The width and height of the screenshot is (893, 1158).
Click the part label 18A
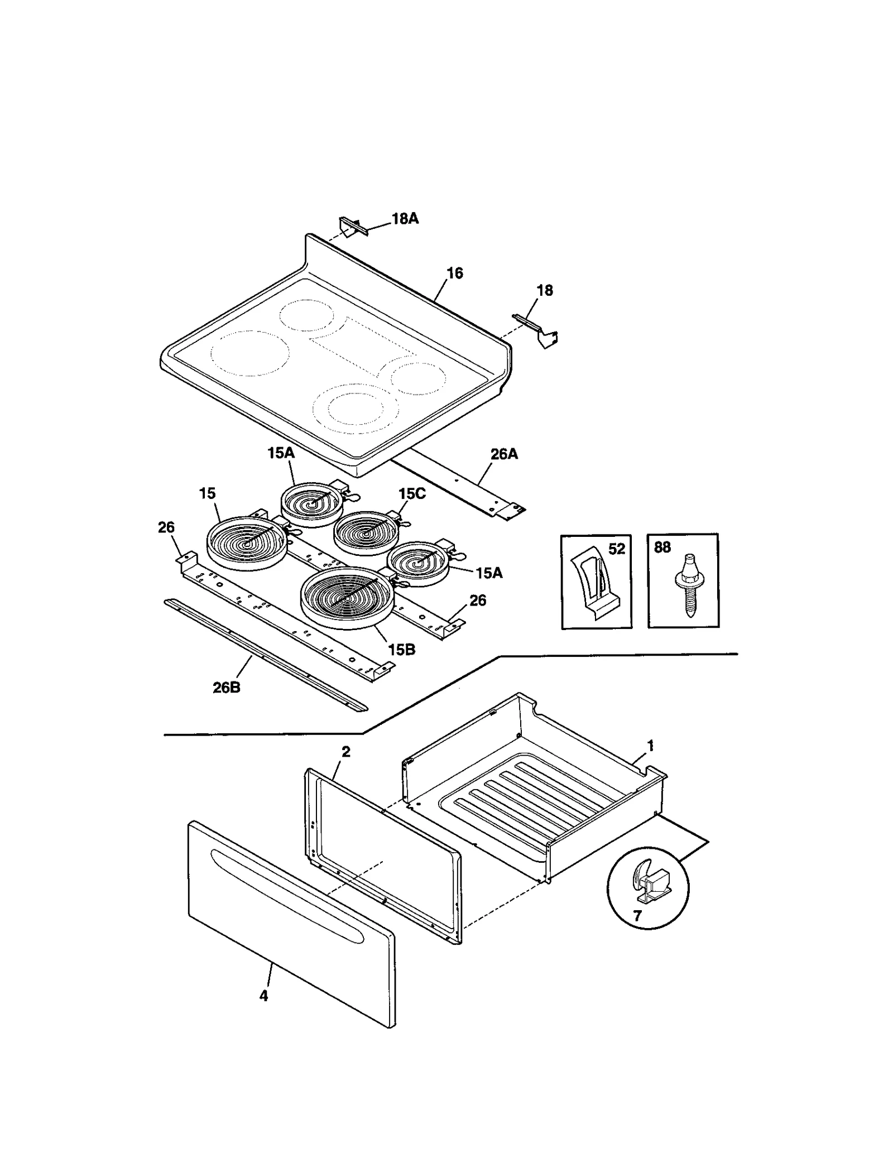(405, 219)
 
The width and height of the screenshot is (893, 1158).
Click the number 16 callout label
(455, 273)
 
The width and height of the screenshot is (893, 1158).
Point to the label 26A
(504, 454)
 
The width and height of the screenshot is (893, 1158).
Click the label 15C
(412, 494)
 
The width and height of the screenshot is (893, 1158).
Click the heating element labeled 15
(246, 541)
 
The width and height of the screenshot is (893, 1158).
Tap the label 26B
(227, 688)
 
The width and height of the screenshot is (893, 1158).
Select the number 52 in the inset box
(617, 549)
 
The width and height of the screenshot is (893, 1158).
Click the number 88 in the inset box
(662, 547)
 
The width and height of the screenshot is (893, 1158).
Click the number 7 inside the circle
(637, 915)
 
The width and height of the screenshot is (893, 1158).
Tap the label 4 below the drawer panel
(263, 996)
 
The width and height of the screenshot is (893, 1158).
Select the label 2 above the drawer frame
(346, 752)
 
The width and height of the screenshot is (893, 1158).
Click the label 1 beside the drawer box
(650, 746)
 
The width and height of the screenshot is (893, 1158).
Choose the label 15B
(402, 650)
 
